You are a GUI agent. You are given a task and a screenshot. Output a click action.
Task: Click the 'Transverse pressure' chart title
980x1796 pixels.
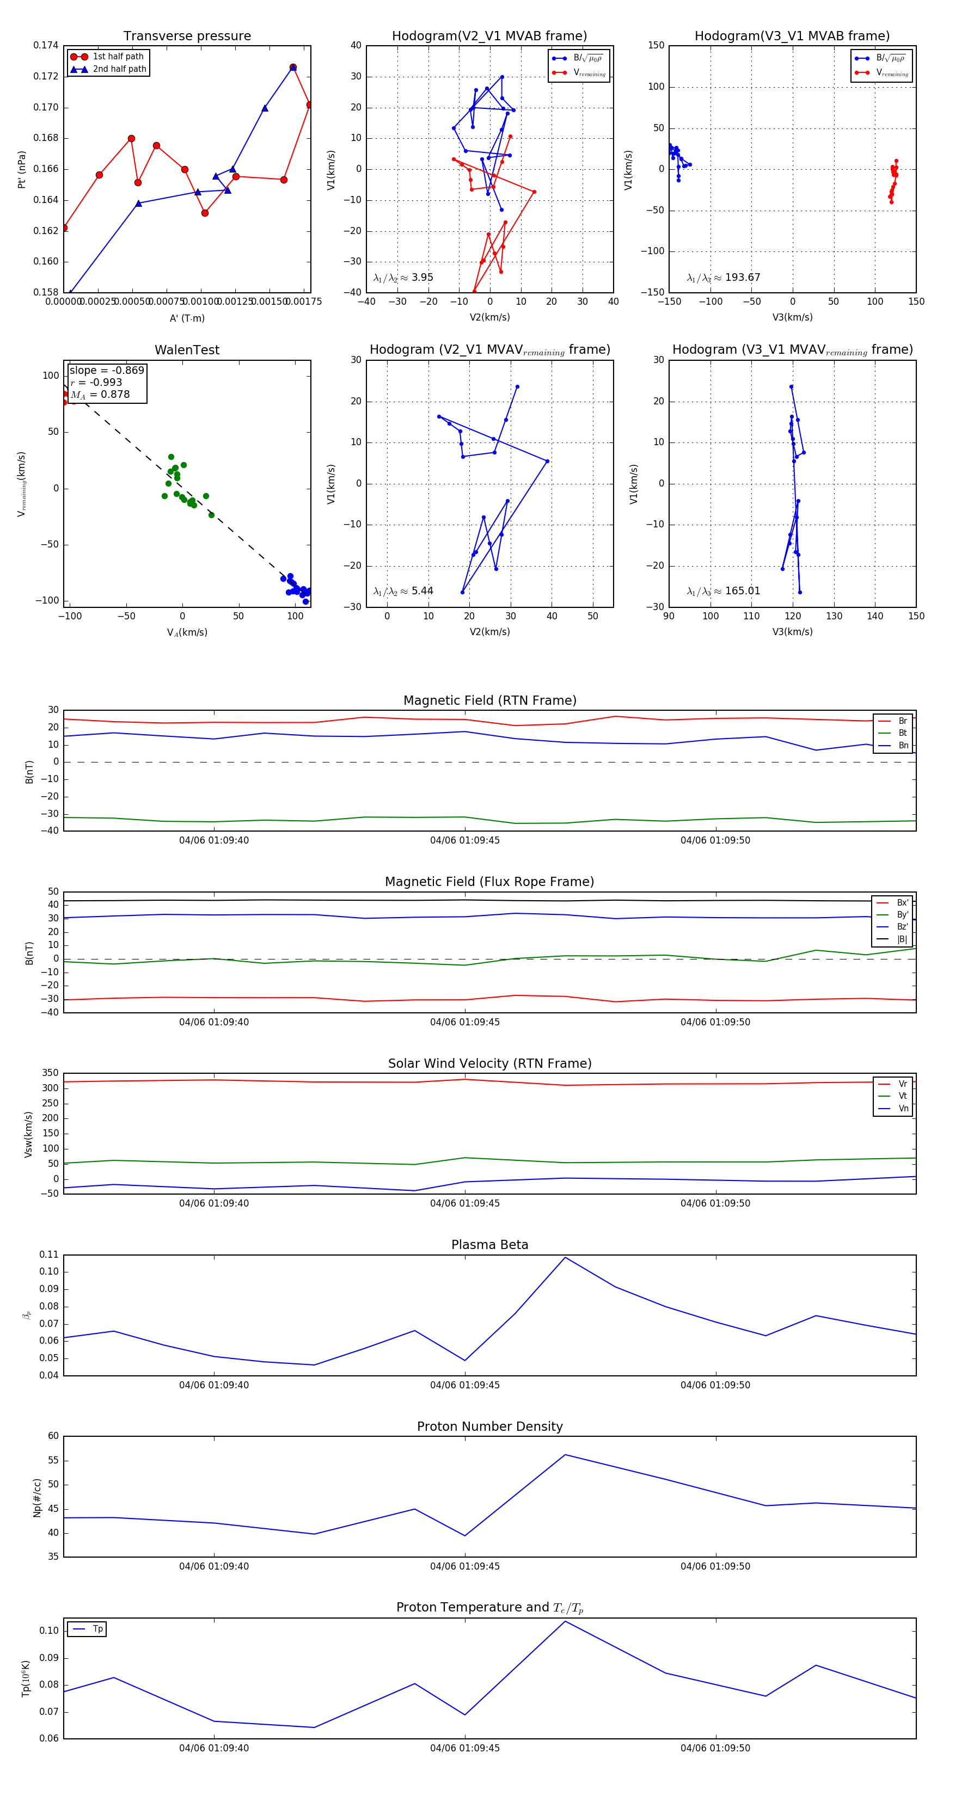(187, 36)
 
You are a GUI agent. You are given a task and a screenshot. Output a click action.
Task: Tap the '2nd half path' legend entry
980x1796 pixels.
(119, 69)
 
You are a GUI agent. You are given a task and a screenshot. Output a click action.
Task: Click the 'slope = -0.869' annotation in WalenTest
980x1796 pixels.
(107, 370)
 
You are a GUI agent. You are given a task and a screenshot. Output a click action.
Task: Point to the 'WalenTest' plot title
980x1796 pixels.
(187, 350)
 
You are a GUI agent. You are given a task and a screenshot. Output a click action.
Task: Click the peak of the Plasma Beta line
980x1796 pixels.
(565, 1257)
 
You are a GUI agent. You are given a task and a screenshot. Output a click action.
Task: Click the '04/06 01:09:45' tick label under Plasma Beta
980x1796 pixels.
(464, 1385)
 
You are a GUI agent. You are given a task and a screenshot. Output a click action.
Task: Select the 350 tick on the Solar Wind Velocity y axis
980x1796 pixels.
(50, 1073)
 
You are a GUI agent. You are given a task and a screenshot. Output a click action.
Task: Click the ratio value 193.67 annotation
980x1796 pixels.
(742, 278)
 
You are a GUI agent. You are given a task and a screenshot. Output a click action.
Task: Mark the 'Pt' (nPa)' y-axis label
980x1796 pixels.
(22, 169)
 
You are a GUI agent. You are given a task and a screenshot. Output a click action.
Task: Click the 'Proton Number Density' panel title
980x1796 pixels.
(489, 1426)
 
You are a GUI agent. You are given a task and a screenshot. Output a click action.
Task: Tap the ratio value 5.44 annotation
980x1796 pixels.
(422, 591)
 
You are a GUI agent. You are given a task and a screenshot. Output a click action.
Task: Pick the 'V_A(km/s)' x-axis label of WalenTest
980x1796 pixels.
(187, 632)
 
